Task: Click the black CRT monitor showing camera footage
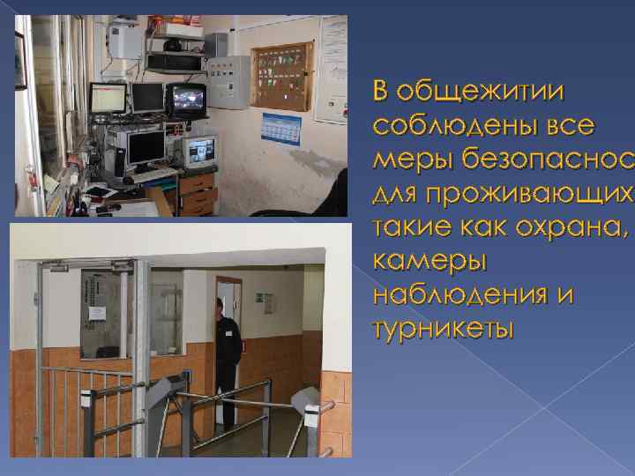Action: [x=186, y=99]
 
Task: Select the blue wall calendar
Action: [x=281, y=128]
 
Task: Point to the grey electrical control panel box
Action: [x=226, y=83]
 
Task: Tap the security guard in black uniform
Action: [x=227, y=353]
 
